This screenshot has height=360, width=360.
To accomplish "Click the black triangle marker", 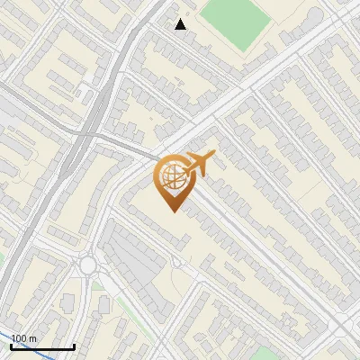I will pos(181,23).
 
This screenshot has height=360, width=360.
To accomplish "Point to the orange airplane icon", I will pos(199,164).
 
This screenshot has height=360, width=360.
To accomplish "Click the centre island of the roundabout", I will pos(88,265).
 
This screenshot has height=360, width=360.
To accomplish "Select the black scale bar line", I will pos(42,346).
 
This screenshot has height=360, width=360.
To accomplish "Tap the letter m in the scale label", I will pos(32,339).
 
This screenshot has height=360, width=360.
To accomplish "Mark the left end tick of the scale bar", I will pos(12,345).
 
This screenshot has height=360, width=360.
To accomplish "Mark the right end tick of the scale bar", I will pos(73,345).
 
